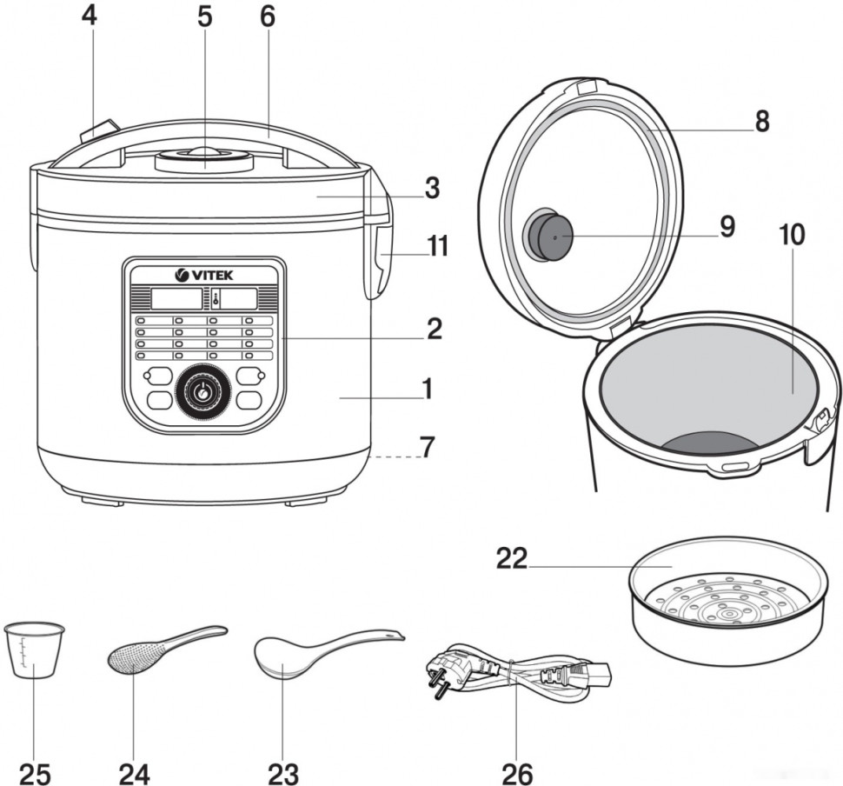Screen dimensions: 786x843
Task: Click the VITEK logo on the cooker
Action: [x=205, y=275]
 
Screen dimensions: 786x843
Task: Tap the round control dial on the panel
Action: [x=203, y=393]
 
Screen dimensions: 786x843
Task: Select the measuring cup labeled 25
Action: [x=34, y=647]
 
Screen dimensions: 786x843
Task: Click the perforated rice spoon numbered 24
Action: [x=135, y=657]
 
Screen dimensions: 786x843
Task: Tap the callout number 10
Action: [x=792, y=236]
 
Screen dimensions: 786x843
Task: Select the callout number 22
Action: [x=512, y=557]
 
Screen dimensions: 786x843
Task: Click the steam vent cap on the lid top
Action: [x=204, y=159]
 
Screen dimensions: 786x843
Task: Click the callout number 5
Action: [x=204, y=17]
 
